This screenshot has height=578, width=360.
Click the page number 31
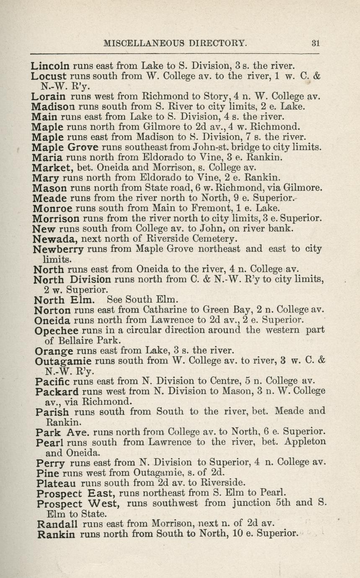click(316, 42)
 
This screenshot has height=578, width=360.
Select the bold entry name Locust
click(49, 76)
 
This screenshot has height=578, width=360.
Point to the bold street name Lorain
click(48, 96)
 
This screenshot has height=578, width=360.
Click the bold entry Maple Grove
click(65, 147)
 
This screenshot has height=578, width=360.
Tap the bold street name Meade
click(49, 197)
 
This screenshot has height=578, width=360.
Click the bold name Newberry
click(58, 249)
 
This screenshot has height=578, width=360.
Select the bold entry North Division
click(72, 279)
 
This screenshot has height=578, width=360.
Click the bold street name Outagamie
click(63, 361)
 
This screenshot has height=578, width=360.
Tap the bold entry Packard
click(57, 392)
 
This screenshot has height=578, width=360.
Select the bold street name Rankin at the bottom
click(56, 534)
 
